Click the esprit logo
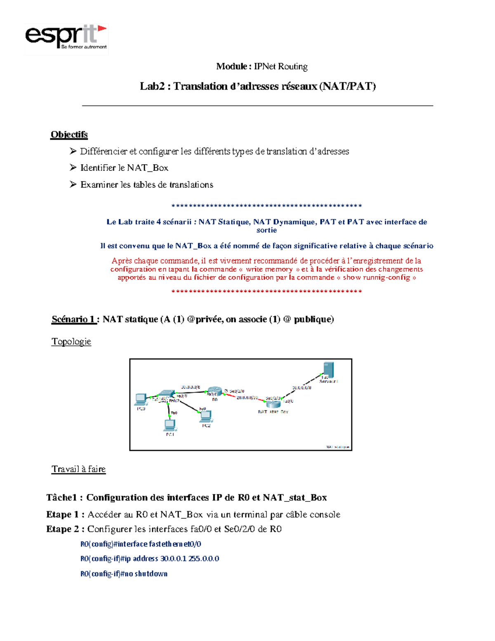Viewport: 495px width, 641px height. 66,38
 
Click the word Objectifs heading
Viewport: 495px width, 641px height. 69,135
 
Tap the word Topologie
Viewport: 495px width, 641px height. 71,341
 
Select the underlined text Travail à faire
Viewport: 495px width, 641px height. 78,469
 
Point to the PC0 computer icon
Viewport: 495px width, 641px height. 141,399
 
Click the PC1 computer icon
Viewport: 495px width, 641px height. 170,425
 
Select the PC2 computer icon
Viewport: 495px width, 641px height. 206,416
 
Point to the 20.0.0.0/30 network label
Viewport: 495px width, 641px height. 247,397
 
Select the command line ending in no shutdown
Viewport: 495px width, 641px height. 124,573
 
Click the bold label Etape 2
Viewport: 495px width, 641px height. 65,529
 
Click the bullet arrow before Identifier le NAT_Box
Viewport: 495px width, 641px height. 73,167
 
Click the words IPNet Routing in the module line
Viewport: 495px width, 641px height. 280,66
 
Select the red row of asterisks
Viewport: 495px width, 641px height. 266,291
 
